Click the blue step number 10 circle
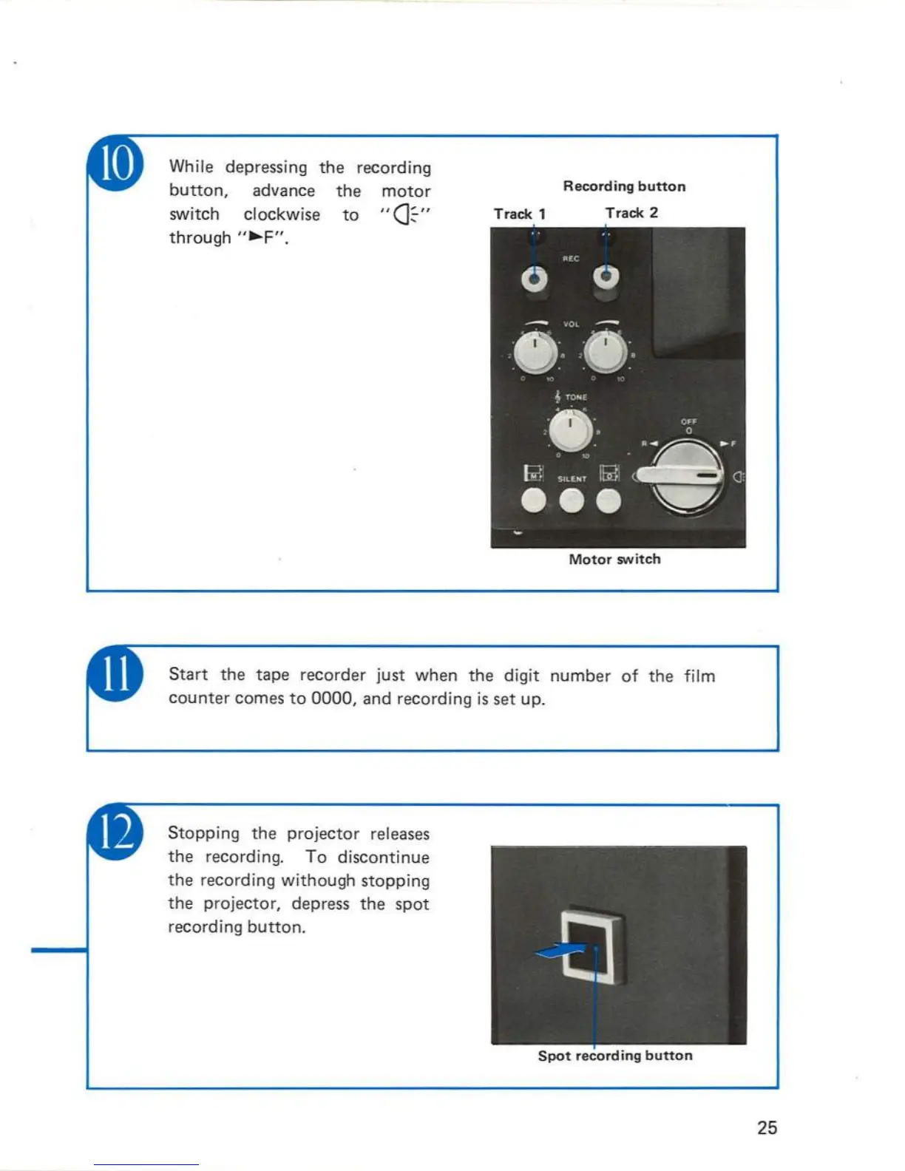click(x=116, y=163)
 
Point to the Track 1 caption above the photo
click(x=519, y=214)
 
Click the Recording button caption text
click(x=624, y=186)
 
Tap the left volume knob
click(x=535, y=353)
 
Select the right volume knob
click(x=606, y=353)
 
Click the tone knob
click(x=570, y=429)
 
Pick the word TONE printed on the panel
click(x=576, y=397)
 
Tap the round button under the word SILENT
click(x=571, y=501)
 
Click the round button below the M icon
click(x=533, y=501)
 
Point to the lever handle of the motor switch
click(x=677, y=475)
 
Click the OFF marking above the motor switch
click(x=688, y=421)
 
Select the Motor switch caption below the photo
click(x=614, y=560)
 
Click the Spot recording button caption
click(x=615, y=1056)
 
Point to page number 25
click(x=767, y=1127)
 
